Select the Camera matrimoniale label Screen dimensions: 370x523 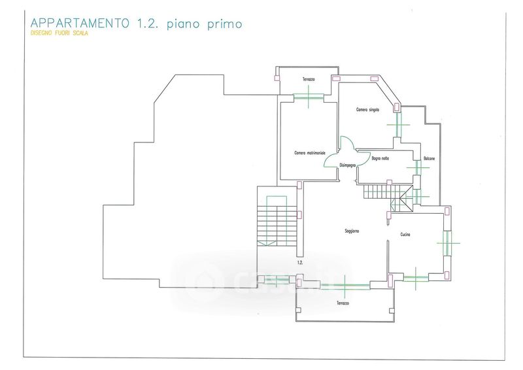[x=310, y=153]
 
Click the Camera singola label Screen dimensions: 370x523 [x=368, y=109]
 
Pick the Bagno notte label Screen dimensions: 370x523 [x=380, y=158]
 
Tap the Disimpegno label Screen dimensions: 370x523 [x=347, y=165]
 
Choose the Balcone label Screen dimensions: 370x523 [x=429, y=159]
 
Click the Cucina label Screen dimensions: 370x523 [x=405, y=235]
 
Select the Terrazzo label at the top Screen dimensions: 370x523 [x=308, y=80]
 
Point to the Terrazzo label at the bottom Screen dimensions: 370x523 [x=343, y=303]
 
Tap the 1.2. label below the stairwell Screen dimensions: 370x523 [x=300, y=262]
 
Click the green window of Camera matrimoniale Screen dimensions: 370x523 [x=308, y=97]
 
